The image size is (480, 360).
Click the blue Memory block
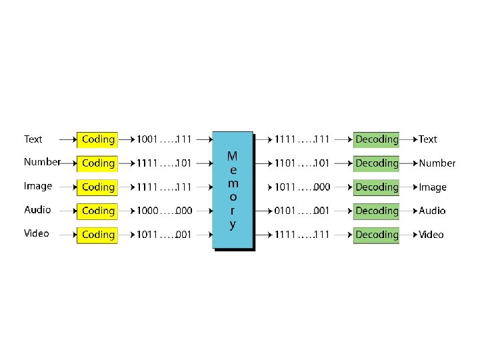(232, 190)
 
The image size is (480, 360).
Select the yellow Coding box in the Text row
(97, 140)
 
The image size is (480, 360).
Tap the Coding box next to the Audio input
(97, 211)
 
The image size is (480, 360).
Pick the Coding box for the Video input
(97, 235)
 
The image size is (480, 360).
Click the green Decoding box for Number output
(376, 163)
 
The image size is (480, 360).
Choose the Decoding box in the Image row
(376, 187)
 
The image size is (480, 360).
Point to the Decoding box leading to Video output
(376, 235)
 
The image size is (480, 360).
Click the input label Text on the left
(33, 139)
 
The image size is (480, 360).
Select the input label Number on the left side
(42, 162)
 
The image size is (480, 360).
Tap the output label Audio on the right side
(432, 211)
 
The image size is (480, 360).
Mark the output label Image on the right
(433, 187)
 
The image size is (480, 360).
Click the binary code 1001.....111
(164, 140)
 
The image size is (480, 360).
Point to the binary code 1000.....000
(164, 211)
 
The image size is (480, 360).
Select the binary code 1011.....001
(164, 235)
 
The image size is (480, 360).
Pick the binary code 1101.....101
(302, 163)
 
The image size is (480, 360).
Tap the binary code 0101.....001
(302, 211)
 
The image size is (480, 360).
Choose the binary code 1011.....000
(302, 187)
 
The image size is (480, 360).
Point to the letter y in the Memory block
(232, 225)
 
